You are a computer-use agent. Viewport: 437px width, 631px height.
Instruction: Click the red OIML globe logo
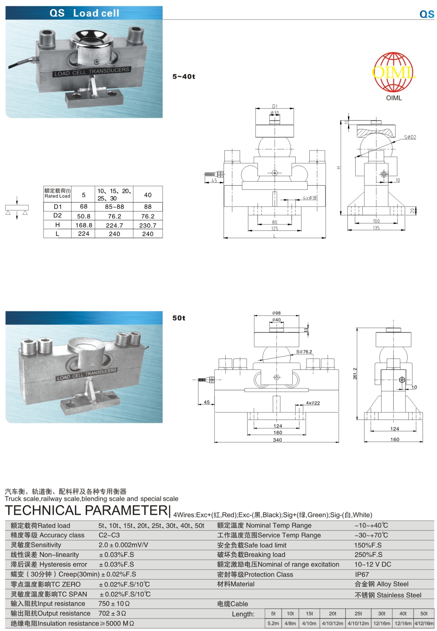click(x=394, y=72)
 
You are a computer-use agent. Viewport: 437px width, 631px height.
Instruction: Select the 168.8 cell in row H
click(x=84, y=225)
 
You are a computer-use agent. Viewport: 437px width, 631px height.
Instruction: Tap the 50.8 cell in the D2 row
click(x=84, y=216)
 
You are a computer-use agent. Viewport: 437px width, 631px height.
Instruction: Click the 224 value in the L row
click(x=84, y=234)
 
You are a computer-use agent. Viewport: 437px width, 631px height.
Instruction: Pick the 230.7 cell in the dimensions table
click(x=148, y=225)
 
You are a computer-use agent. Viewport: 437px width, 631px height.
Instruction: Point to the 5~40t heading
click(x=184, y=77)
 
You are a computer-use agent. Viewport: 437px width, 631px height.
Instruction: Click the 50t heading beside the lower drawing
click(x=179, y=318)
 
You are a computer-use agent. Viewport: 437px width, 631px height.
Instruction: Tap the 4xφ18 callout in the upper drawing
click(x=309, y=198)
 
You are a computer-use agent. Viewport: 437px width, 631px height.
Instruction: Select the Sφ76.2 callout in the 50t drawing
click(x=304, y=352)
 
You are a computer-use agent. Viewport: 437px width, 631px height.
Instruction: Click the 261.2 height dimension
click(x=355, y=374)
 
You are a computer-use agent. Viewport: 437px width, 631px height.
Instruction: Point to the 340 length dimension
click(x=277, y=440)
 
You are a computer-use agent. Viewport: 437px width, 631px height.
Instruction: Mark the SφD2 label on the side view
click(x=410, y=137)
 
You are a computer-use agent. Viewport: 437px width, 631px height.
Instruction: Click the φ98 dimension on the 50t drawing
click(x=276, y=313)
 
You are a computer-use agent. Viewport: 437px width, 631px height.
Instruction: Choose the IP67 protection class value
click(x=362, y=574)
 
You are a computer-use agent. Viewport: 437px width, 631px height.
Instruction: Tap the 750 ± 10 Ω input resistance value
click(x=114, y=604)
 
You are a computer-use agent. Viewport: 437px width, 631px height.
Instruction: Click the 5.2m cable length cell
click(x=273, y=623)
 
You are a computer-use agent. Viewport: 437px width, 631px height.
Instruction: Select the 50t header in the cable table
click(x=424, y=614)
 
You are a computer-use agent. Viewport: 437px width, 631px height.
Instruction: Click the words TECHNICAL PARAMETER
click(x=87, y=510)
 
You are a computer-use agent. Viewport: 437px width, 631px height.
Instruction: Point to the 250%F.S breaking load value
click(x=368, y=555)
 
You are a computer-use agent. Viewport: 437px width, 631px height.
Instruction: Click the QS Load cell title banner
click(x=84, y=13)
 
